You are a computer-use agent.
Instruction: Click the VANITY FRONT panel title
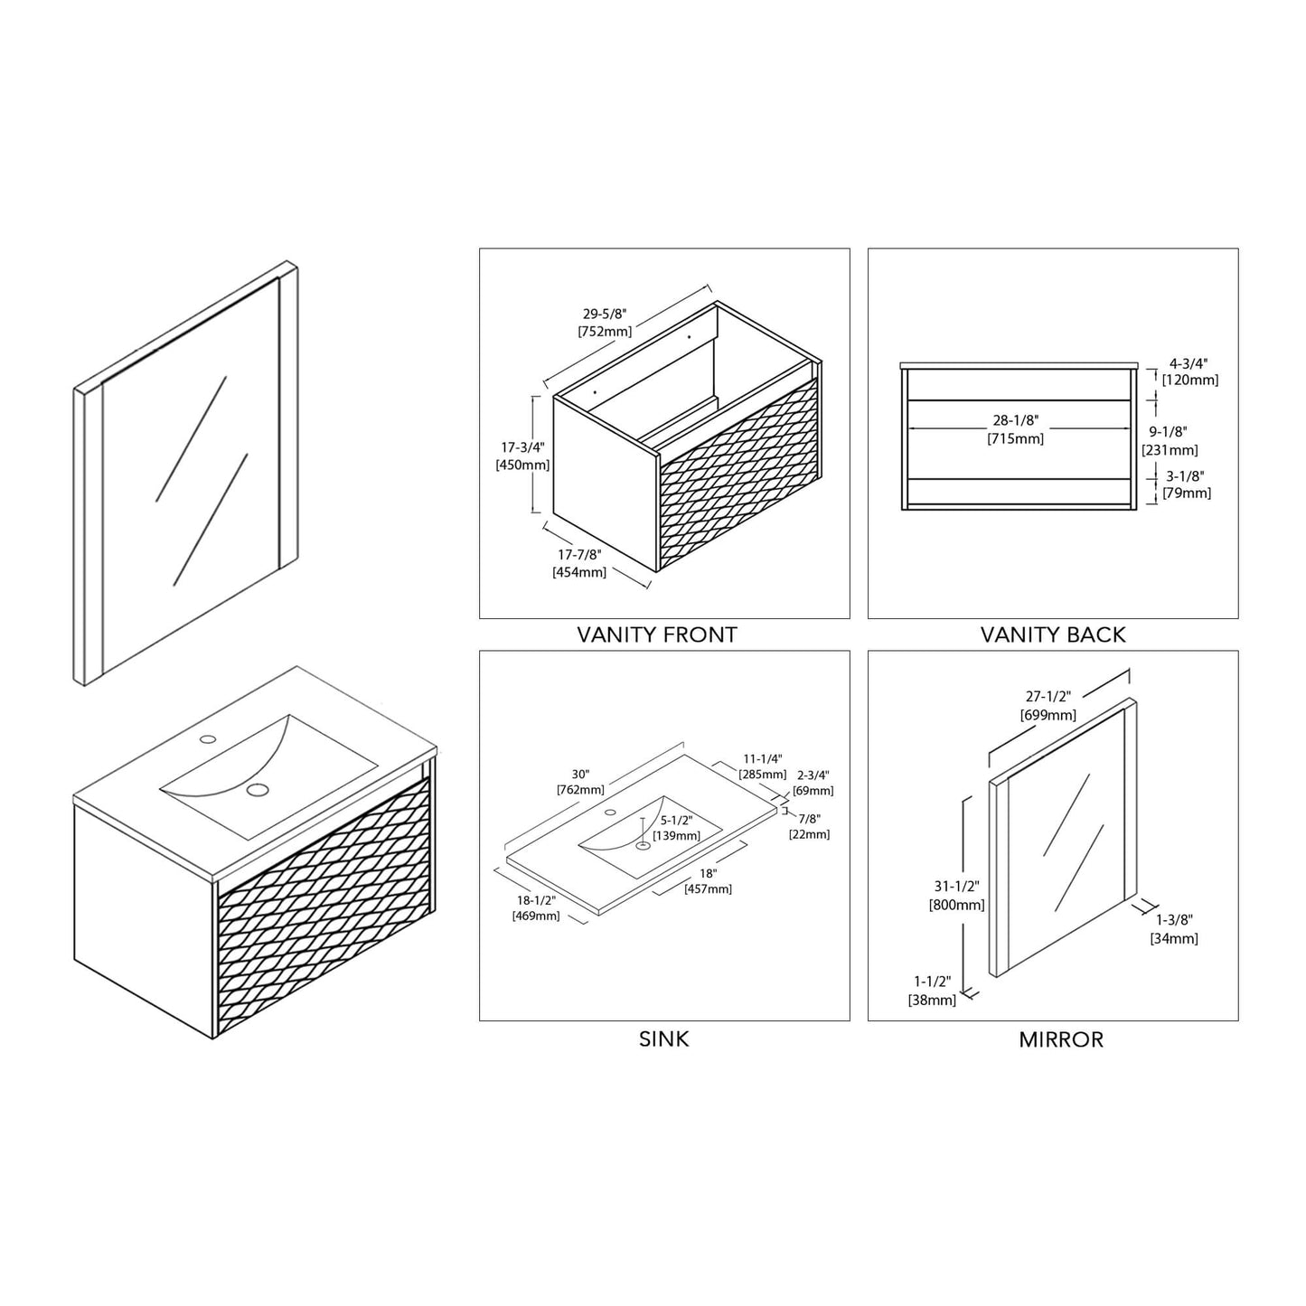tap(657, 635)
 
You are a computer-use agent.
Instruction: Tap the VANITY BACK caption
tap(1053, 635)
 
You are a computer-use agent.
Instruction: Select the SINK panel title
tap(663, 1039)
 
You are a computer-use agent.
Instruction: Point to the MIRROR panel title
tap(1061, 1039)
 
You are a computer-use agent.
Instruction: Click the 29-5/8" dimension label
tap(605, 314)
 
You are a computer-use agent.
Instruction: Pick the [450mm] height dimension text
tap(522, 465)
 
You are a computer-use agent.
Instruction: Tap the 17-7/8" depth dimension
tap(579, 554)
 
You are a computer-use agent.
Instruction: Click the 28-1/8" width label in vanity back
tap(1016, 421)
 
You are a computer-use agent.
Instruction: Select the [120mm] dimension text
tap(1190, 381)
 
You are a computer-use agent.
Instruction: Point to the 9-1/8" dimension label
tap(1168, 432)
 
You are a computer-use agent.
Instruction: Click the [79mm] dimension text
tap(1187, 493)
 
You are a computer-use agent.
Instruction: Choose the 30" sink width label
tap(580, 775)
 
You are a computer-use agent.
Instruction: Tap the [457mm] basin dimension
tap(709, 889)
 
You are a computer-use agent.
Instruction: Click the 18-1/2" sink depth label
tap(536, 901)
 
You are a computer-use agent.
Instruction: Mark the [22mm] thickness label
tap(809, 834)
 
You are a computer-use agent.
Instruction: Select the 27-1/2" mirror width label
tap(1048, 696)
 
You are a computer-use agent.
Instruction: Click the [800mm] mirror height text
tap(956, 904)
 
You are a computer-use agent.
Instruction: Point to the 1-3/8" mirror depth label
tap(1174, 920)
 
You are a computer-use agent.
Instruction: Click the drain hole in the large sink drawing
tap(257, 789)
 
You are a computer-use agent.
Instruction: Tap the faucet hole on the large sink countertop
tap(208, 738)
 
